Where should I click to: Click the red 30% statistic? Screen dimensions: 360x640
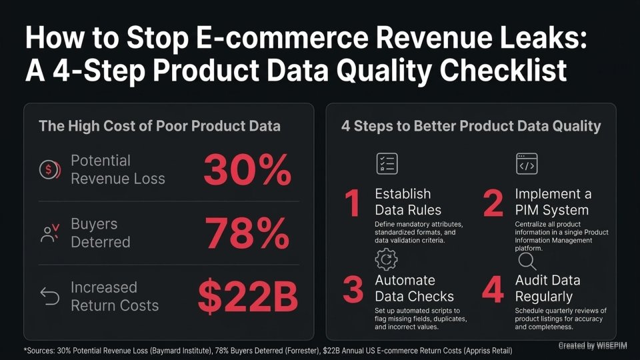click(247, 170)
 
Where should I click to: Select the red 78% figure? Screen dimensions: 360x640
click(247, 233)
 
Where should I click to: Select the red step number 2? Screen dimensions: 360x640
click(493, 205)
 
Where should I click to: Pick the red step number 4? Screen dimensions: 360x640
click(493, 291)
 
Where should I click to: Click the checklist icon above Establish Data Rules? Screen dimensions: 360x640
click(387, 163)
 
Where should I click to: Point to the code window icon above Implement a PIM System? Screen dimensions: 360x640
click(527, 163)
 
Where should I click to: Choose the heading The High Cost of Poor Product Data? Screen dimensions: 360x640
click(159, 126)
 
